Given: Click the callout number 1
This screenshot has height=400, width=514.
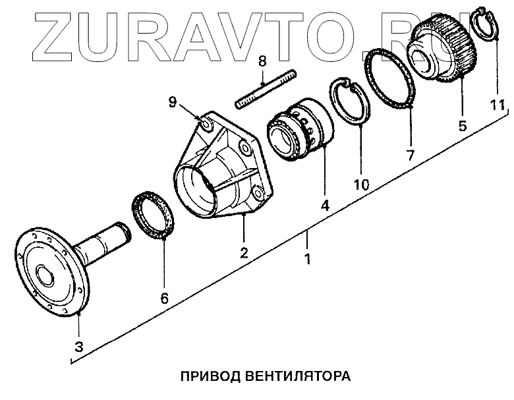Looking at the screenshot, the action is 306,258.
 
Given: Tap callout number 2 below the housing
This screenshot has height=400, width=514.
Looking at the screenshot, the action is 243,252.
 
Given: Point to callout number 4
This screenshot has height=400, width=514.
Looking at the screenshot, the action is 325,206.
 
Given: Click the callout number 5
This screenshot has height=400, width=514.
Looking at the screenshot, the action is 463,125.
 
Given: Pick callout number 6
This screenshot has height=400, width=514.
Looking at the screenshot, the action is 165,299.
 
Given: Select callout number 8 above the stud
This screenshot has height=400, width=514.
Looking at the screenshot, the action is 262,62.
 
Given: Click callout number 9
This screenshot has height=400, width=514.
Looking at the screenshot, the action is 173,102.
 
